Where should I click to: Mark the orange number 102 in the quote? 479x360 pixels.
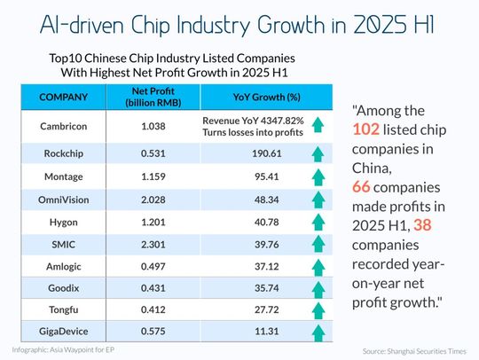370,131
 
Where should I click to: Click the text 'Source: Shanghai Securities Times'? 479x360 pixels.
413,352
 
